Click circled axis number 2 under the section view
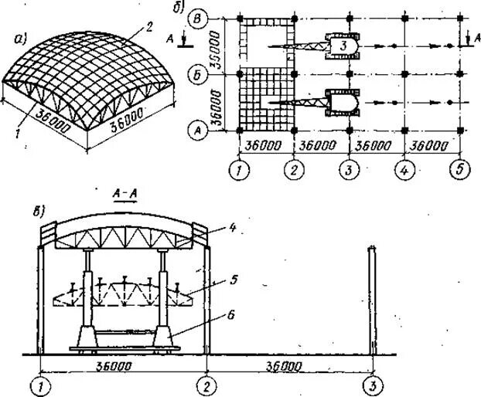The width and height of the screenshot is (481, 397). click(x=206, y=382)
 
